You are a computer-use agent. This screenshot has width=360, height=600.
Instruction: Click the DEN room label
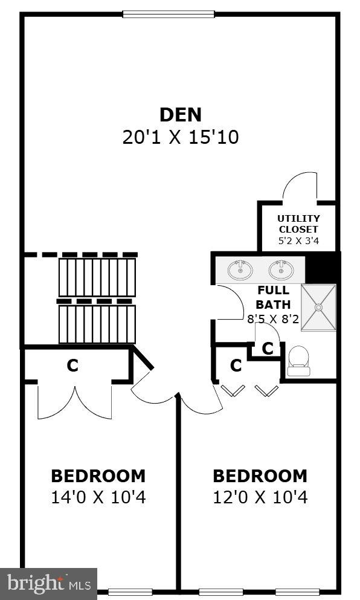(180, 114)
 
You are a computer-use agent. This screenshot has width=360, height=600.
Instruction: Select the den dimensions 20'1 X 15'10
(181, 137)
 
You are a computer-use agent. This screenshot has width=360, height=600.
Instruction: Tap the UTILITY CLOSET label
(298, 224)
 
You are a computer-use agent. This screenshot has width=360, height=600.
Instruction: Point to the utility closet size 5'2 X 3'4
(298, 240)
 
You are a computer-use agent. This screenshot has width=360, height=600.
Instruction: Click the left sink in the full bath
(240, 269)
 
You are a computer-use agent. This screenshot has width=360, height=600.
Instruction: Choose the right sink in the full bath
(281, 269)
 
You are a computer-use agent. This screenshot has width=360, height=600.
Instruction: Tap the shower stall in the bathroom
(318, 307)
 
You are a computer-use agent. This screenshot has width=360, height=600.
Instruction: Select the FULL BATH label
(274, 297)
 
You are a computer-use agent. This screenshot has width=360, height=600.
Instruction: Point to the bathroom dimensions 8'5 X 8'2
(273, 318)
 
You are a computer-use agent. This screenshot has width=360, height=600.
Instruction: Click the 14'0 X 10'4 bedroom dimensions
(98, 498)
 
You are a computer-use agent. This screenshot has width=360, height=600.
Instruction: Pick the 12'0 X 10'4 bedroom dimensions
(260, 498)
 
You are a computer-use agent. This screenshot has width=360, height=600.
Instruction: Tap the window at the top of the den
(168, 13)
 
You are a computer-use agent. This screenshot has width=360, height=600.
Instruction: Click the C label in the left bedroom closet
(72, 366)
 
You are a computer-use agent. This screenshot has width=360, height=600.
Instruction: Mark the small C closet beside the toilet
(268, 349)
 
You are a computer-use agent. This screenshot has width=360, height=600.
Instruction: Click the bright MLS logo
(48, 584)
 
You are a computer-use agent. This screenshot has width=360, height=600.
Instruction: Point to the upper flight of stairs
(97, 277)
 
